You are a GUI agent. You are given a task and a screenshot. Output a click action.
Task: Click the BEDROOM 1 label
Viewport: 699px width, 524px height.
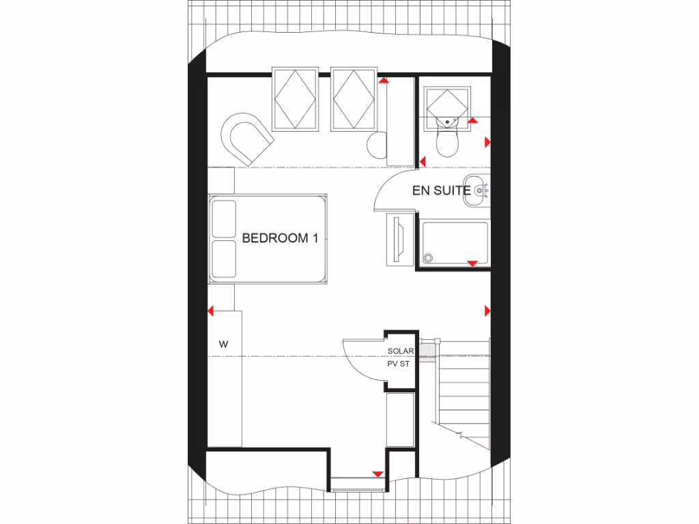pyautogui.click(x=281, y=239)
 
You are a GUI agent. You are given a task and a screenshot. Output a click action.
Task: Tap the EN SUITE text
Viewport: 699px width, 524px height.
pyautogui.click(x=441, y=190)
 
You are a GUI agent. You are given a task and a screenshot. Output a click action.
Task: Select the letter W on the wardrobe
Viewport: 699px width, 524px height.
pyautogui.click(x=223, y=345)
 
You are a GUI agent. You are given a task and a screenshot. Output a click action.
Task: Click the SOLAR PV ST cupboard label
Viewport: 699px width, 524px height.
pyautogui.click(x=400, y=358)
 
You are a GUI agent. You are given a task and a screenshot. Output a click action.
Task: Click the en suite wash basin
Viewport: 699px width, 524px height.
pyautogui.click(x=479, y=190)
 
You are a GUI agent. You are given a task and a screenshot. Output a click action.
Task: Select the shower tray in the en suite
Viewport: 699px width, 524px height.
pyautogui.click(x=455, y=242)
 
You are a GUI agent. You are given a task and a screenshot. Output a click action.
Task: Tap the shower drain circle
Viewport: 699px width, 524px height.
pyautogui.click(x=429, y=258)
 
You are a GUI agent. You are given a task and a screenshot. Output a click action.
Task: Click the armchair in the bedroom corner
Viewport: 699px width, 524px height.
pyautogui.click(x=246, y=137)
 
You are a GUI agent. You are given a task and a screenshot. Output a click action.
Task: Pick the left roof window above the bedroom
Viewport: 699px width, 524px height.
pyautogui.click(x=296, y=99)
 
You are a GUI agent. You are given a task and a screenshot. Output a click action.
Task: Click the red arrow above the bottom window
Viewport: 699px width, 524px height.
pyautogui.click(x=377, y=474)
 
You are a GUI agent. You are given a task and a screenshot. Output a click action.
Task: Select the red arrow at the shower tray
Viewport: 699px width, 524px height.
pyautogui.click(x=472, y=263)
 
